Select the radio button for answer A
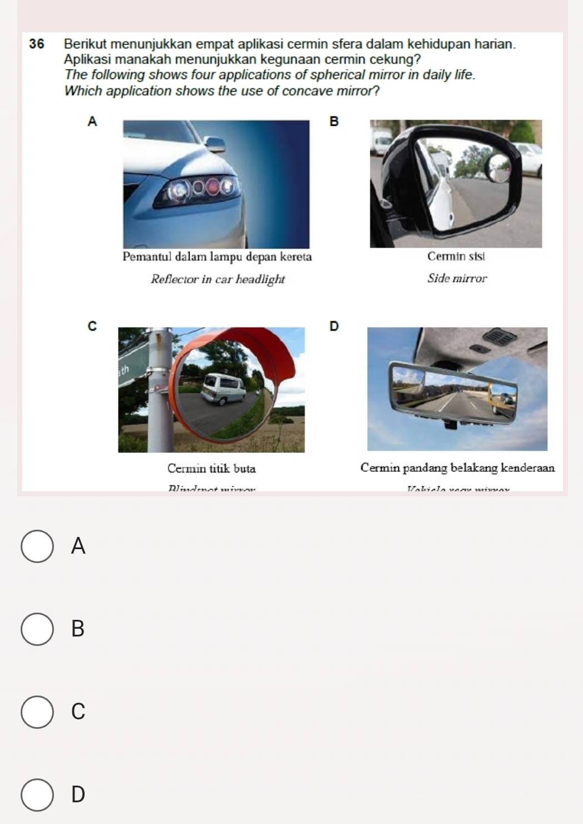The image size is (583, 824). pos(37,546)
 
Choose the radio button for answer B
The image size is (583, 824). pos(37,629)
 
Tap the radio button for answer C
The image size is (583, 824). pos(37,711)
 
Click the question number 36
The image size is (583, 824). pos(37,44)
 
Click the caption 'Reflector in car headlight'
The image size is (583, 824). pos(218,279)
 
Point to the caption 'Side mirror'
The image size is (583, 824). pos(457,278)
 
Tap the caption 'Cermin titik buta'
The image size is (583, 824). pos(211,468)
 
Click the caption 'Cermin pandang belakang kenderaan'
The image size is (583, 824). pos(457,468)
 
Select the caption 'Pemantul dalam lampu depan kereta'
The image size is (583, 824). pos(217,256)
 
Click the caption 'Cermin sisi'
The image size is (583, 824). pos(456,256)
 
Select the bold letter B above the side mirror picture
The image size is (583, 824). pos(334,121)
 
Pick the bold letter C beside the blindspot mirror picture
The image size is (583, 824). pos(92,327)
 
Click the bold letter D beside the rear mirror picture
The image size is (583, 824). pos(334,326)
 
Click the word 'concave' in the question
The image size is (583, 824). pos(309,91)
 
